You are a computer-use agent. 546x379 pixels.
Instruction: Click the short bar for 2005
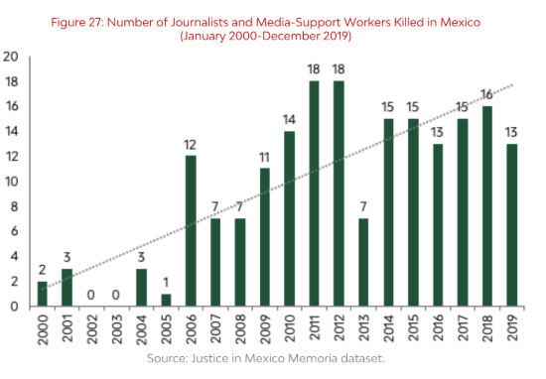[165, 300]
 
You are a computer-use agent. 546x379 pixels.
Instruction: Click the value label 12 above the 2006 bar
[191, 145]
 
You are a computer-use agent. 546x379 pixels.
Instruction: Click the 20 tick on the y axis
[11, 57]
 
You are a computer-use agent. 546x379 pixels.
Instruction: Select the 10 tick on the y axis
[11, 182]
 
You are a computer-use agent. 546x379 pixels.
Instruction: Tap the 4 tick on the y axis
[11, 256]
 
